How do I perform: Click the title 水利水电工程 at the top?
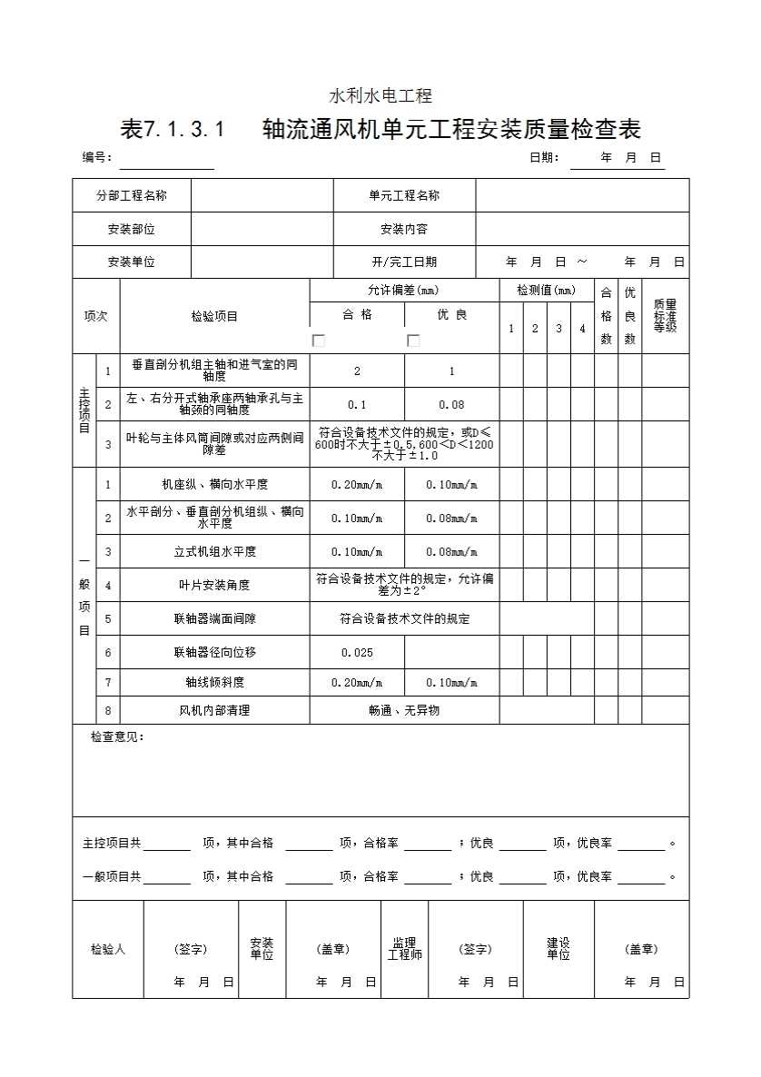click(380, 95)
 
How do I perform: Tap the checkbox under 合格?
click(319, 341)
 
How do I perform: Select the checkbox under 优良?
click(413, 341)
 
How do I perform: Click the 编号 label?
click(97, 157)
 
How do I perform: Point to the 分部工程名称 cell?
click(132, 195)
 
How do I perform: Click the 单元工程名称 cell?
click(404, 195)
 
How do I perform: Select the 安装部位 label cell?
click(132, 229)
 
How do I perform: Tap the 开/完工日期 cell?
click(404, 262)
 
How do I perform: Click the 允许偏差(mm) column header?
click(404, 291)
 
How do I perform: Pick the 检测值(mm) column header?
click(547, 291)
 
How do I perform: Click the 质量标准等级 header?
click(665, 316)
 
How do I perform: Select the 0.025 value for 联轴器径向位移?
click(357, 652)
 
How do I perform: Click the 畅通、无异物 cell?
click(404, 710)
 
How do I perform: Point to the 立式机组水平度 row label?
click(215, 551)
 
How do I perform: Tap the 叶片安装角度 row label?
click(215, 585)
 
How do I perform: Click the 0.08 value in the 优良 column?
click(451, 404)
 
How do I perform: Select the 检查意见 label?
click(117, 736)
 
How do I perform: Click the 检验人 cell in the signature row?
click(108, 949)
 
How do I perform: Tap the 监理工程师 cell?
click(404, 949)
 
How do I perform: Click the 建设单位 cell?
click(558, 949)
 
